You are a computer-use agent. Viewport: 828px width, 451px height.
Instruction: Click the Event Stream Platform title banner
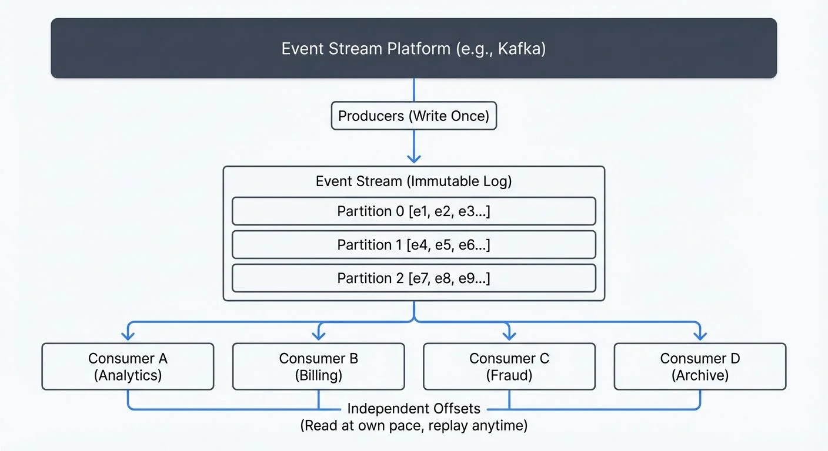point(413,48)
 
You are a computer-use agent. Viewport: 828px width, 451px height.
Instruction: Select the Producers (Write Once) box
point(413,116)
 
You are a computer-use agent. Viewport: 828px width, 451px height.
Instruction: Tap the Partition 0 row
point(413,211)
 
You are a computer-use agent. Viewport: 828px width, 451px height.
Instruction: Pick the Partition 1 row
point(413,245)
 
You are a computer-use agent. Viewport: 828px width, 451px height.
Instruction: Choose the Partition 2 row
point(413,278)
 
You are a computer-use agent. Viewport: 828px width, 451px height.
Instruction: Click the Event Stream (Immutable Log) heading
point(413,181)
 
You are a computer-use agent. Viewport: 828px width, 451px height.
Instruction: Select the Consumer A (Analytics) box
point(128,366)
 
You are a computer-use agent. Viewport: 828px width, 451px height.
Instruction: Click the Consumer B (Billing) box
point(318,366)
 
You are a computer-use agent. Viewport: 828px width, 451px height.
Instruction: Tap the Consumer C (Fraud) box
point(509,366)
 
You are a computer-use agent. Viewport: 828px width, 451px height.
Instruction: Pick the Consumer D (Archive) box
point(700,366)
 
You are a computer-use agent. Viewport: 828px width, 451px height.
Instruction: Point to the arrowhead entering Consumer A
point(128,336)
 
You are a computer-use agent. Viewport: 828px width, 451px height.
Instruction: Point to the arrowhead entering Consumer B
point(318,336)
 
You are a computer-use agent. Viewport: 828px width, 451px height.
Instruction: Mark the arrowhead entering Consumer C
point(509,336)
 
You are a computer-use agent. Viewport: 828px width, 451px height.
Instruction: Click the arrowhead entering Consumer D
point(700,336)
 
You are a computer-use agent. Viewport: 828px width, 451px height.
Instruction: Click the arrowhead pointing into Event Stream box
point(414,159)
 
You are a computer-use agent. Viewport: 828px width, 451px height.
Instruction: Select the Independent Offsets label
point(413,408)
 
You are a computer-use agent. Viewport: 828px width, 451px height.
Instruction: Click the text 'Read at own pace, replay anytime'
point(413,426)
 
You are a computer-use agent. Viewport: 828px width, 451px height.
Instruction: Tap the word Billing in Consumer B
point(318,375)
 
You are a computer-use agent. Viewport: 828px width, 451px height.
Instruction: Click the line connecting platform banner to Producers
point(414,90)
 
